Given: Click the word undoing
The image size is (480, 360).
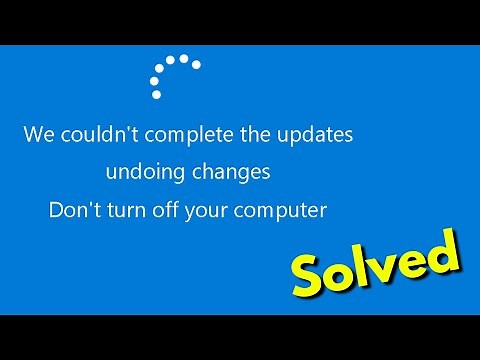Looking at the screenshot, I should [x=144, y=173].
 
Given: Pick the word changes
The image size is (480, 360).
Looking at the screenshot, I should [x=232, y=173].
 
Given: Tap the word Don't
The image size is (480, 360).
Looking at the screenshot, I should [x=71, y=210].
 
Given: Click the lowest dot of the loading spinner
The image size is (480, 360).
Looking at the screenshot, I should [x=156, y=95].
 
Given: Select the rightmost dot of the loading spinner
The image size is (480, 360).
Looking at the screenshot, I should [x=196, y=65].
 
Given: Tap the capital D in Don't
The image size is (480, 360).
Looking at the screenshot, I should [x=56, y=210].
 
